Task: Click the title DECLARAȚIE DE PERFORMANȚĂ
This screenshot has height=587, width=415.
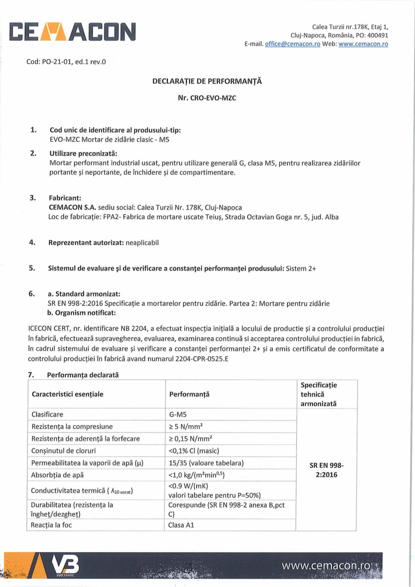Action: pos(207,82)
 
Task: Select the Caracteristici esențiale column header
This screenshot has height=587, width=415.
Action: pos(68,394)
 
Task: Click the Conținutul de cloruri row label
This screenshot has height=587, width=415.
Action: pos(64,451)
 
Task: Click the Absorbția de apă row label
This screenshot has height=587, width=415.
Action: pos(57,475)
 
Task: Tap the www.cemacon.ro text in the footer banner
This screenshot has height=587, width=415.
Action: pos(327,566)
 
